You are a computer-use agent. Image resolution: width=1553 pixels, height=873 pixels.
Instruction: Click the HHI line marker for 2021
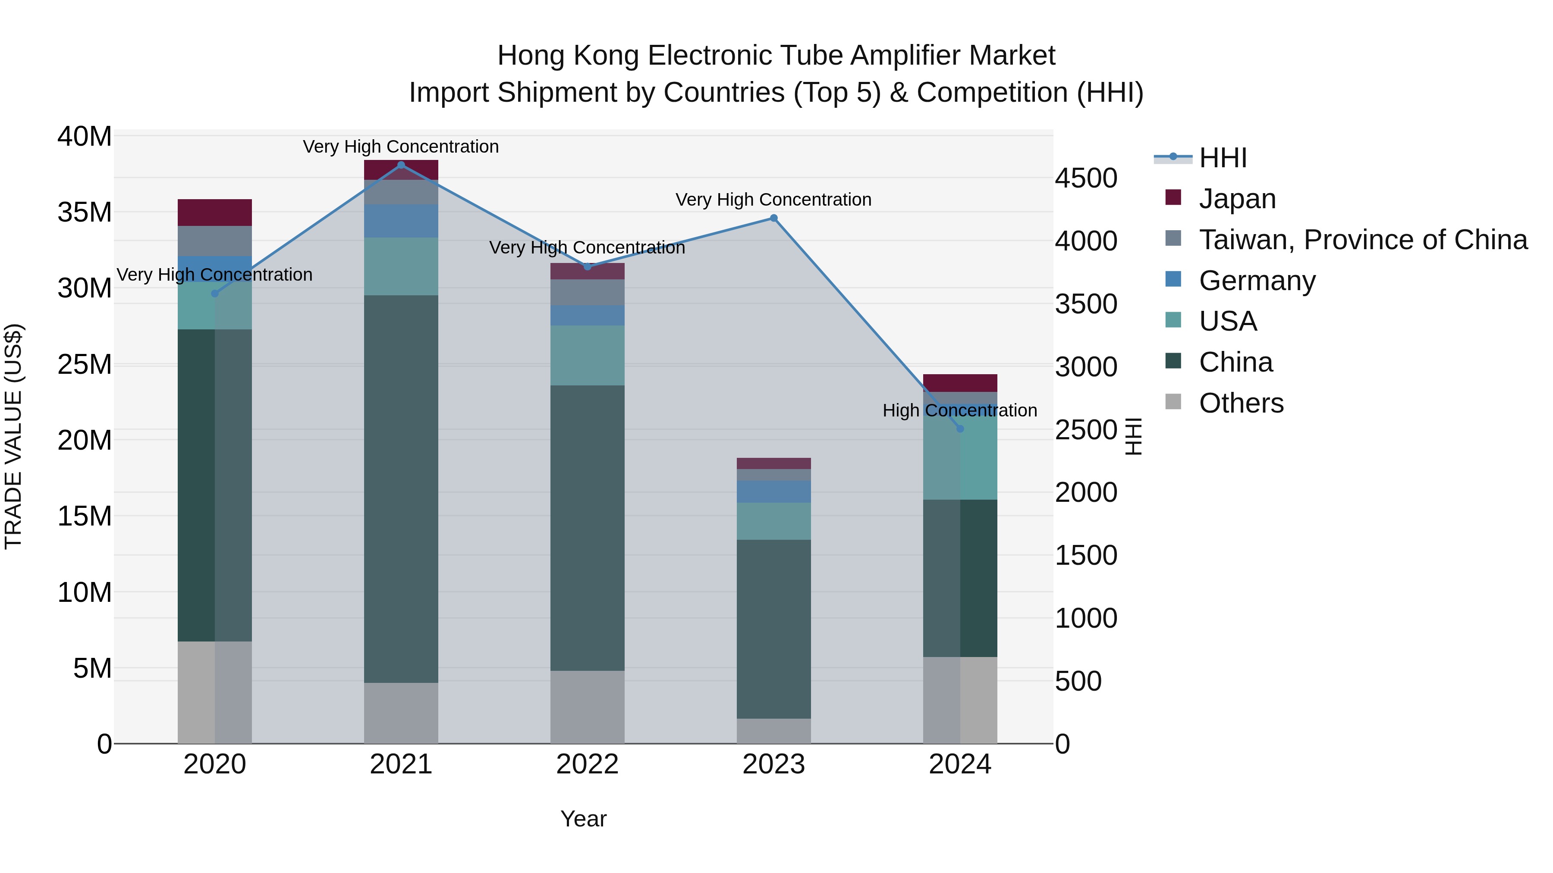(x=401, y=165)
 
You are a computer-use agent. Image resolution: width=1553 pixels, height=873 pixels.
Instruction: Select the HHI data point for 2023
(x=773, y=218)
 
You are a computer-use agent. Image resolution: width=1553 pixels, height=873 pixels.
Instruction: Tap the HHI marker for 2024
(x=960, y=429)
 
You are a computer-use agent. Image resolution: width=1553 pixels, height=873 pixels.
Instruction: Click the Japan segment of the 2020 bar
(x=215, y=213)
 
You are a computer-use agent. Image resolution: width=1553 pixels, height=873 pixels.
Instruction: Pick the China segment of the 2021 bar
(x=401, y=488)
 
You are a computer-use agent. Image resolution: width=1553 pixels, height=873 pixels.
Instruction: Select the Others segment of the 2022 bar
(x=587, y=706)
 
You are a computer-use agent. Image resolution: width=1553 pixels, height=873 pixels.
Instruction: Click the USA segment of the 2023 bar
(x=773, y=521)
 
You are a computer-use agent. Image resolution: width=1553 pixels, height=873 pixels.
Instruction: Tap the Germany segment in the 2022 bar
(x=587, y=315)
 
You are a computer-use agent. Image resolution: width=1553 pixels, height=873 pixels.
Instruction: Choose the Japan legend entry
(x=1237, y=199)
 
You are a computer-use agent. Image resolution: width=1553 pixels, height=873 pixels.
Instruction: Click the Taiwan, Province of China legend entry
(x=1362, y=240)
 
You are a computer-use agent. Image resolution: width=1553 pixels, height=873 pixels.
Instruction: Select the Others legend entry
(x=1241, y=403)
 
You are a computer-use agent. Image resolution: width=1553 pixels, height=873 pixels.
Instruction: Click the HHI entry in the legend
(x=1223, y=158)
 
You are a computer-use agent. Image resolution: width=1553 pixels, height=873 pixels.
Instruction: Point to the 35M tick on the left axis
(x=85, y=213)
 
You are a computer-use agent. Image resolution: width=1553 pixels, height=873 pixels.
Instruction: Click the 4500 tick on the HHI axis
(x=1086, y=178)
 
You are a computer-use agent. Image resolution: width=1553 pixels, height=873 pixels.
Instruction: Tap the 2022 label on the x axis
(x=587, y=764)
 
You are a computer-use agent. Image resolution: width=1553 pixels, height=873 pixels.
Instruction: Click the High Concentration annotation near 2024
(x=960, y=410)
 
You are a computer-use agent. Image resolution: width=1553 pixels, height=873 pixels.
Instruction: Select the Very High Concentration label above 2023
(x=773, y=200)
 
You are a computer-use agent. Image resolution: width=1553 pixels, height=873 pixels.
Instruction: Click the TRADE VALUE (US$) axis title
(x=13, y=436)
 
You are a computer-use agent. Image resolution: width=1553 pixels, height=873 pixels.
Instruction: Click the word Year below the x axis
(x=583, y=819)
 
